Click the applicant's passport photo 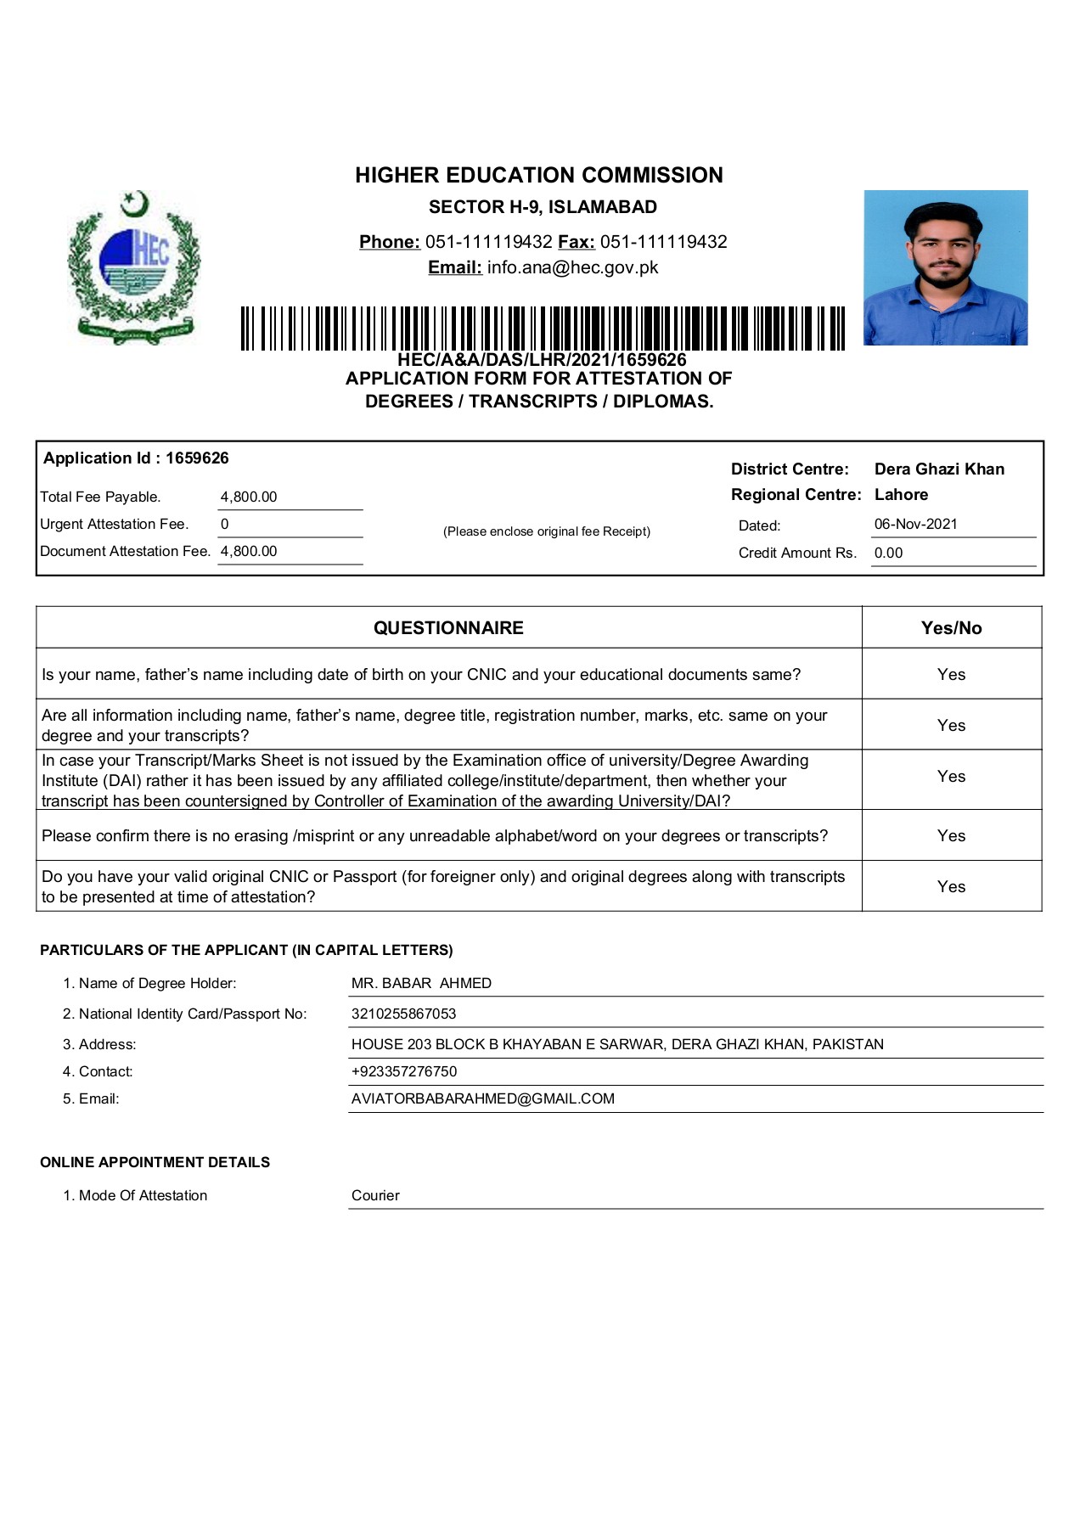pyautogui.click(x=945, y=267)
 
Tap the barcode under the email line pyautogui.click(x=543, y=329)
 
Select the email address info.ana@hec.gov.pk pyautogui.click(x=572, y=267)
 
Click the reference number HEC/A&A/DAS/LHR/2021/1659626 pyautogui.click(x=542, y=360)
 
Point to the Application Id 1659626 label pyautogui.click(x=136, y=458)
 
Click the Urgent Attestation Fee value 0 pyautogui.click(x=225, y=524)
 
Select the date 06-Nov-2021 pyautogui.click(x=915, y=524)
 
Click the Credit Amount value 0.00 pyautogui.click(x=888, y=553)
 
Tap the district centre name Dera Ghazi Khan pyautogui.click(x=939, y=469)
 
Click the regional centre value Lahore pyautogui.click(x=901, y=495)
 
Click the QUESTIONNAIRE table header pyautogui.click(x=448, y=628)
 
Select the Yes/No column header pyautogui.click(x=951, y=628)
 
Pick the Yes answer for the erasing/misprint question pyautogui.click(x=951, y=835)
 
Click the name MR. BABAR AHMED pyautogui.click(x=421, y=983)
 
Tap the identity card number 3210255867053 pyautogui.click(x=403, y=1014)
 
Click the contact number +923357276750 pyautogui.click(x=403, y=1071)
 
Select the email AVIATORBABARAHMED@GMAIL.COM pyautogui.click(x=482, y=1098)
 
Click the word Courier pyautogui.click(x=375, y=1195)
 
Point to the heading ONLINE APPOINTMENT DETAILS pyautogui.click(x=155, y=1162)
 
